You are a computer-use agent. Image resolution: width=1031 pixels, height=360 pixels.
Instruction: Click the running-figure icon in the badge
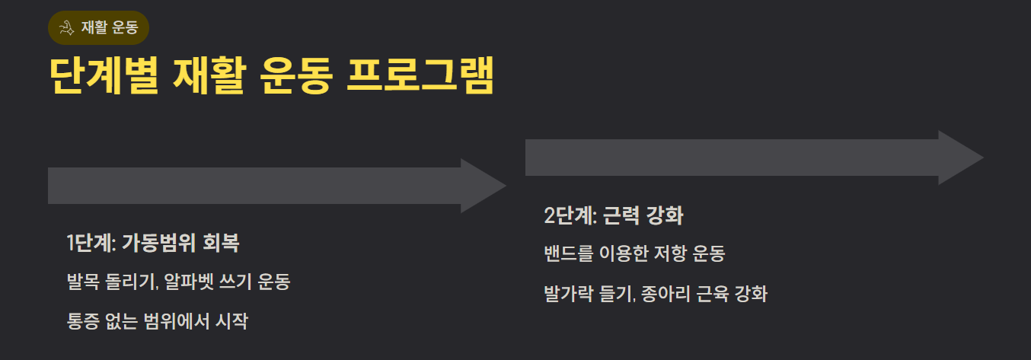point(65,28)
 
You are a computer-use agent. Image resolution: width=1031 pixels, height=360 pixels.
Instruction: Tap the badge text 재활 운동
point(109,28)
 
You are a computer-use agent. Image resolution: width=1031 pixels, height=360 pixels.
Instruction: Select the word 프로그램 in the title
point(420,75)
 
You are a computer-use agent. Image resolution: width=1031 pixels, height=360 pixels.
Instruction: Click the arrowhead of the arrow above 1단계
point(483,186)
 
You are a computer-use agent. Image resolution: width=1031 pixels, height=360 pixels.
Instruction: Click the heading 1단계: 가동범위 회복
point(153,244)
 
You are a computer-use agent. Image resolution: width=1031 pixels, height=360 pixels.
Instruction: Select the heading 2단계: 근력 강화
point(614,216)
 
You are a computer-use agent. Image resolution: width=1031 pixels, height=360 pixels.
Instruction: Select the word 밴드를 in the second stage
point(567,254)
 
